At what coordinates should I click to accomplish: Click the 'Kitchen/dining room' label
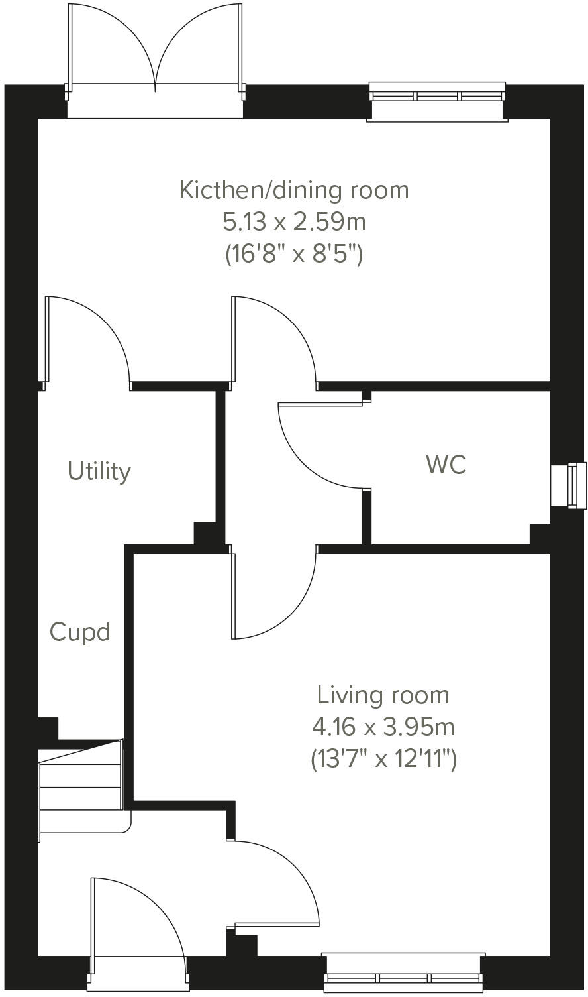[294, 190]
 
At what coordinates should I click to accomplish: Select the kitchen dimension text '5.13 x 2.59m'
[294, 221]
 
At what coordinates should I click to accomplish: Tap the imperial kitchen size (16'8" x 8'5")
[294, 253]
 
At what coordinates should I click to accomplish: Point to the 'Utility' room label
[99, 471]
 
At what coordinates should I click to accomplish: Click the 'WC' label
[446, 465]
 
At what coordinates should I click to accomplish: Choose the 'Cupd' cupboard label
[79, 632]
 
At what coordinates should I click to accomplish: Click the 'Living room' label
[383, 695]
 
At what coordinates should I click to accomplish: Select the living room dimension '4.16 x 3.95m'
[383, 727]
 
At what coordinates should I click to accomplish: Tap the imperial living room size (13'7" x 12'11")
[383, 758]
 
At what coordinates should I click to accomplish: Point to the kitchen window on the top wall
[437, 97]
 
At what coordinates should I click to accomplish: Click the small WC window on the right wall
[569, 485]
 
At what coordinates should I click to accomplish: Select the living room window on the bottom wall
[404, 976]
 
